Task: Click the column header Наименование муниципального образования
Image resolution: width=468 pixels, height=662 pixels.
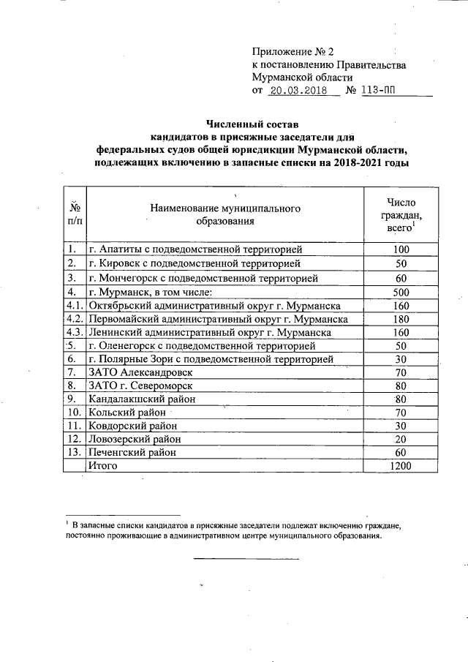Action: [225, 214]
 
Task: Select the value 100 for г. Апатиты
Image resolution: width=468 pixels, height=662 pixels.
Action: [401, 250]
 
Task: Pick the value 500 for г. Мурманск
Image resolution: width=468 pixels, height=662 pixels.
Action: [401, 292]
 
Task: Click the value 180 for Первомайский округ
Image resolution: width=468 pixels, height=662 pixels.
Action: [401, 319]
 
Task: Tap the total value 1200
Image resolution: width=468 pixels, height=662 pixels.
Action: [401, 467]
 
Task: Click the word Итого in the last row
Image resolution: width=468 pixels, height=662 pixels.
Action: [105, 466]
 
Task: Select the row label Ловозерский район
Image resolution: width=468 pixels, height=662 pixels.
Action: [135, 440]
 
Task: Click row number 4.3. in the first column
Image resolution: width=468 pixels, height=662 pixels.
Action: [75, 332]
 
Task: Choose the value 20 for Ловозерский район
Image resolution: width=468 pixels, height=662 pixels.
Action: [401, 440]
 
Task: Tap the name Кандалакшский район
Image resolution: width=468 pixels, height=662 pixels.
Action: [142, 399]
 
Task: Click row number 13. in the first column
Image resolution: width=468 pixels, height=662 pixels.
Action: [74, 453]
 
